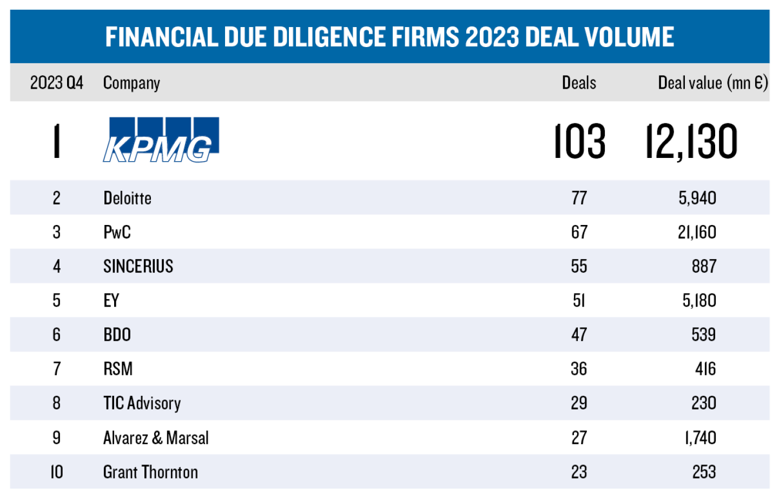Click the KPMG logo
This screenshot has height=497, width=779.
161,140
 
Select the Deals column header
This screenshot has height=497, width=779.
579,83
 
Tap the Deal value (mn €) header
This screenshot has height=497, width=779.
712,83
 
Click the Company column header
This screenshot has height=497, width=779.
131,83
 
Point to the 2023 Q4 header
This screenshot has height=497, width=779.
56,83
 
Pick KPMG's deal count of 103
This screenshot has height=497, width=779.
579,141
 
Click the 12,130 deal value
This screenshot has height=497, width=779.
691,141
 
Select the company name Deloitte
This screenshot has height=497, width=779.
127,198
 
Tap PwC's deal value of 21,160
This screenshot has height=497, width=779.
697,232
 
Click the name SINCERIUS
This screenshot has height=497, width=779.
138,266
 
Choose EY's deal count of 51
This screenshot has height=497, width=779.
579,300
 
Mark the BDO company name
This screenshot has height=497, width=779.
117,335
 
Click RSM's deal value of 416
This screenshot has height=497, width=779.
705,369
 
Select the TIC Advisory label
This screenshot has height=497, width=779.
142,403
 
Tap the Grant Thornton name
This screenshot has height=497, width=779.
150,472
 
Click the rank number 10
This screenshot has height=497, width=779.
56,472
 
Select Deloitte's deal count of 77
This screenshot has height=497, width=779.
579,198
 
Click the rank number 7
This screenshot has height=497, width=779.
56,369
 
